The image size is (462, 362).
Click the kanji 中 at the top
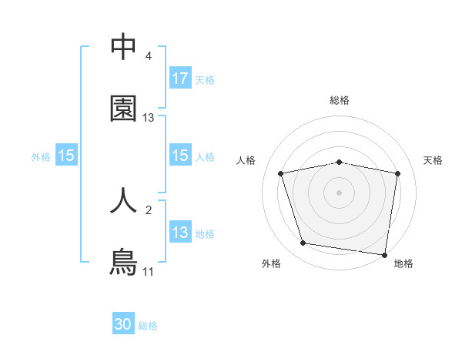tap(123, 47)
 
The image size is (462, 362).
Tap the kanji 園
tap(123, 109)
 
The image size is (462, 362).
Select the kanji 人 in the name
tap(123, 200)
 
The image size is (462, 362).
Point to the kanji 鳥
tap(123, 263)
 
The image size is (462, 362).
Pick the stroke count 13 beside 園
tap(149, 118)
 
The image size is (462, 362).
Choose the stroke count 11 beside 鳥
tap(149, 272)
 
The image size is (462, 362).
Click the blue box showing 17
tap(180, 78)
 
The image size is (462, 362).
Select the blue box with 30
tap(123, 325)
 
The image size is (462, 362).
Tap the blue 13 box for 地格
tap(180, 233)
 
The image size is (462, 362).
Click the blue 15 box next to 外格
tap(66, 156)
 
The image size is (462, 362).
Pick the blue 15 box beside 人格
tap(180, 156)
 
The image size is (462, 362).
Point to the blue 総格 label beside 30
tap(148, 326)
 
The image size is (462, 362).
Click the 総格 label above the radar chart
tap(340, 100)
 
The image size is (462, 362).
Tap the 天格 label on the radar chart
tap(434, 160)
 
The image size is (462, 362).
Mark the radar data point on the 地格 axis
tap(384, 254)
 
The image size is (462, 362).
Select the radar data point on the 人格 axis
tap(281, 173)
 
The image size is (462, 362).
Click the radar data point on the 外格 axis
tap(303, 243)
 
